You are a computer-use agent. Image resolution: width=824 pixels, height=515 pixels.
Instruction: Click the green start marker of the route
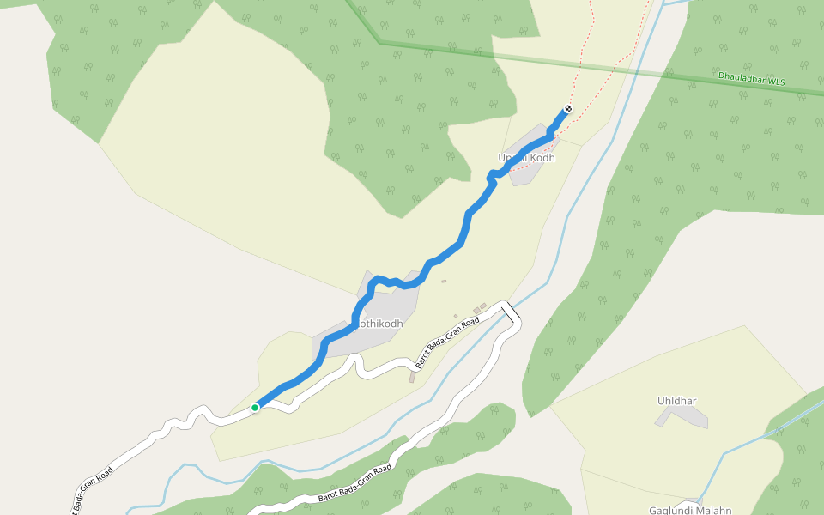tap(255, 407)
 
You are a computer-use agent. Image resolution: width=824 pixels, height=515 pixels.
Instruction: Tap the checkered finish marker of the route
tap(567, 109)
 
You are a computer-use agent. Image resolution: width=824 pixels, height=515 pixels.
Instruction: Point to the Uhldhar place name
tap(676, 401)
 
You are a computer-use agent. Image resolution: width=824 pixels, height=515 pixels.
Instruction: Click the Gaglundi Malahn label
tap(689, 510)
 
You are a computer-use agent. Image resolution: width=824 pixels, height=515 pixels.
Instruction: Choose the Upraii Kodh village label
tap(526, 158)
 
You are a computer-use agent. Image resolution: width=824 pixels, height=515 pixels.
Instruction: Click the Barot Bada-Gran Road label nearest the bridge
tap(447, 342)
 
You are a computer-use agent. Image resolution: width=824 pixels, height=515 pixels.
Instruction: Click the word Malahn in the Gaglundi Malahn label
tap(713, 510)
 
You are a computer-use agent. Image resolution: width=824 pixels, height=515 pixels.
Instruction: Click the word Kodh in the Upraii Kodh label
tap(542, 158)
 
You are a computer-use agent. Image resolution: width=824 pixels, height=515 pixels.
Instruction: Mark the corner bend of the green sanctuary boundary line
tap(379, 41)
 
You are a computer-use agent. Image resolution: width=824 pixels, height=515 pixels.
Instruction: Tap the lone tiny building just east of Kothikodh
tap(444, 281)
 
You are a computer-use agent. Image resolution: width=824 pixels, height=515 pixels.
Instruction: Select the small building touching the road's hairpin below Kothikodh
tap(413, 376)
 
